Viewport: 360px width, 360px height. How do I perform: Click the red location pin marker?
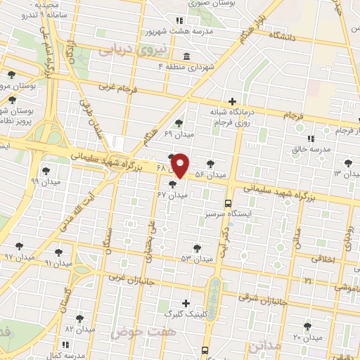point(180,165)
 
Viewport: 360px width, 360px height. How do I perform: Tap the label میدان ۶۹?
point(178,133)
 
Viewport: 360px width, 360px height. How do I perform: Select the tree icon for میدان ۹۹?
point(46,170)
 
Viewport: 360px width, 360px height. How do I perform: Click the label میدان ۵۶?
point(210,174)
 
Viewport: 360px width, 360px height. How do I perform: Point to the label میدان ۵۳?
point(196,259)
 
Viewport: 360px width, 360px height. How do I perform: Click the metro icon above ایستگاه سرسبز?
point(226,200)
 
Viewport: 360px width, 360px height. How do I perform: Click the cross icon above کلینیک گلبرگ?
point(185,302)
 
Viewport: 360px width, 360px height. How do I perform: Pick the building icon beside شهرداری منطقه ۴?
point(185,56)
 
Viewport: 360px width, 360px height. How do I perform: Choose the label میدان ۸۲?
point(79,329)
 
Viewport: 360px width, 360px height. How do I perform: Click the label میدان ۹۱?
point(58,262)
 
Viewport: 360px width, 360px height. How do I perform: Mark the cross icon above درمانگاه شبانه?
point(232,101)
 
